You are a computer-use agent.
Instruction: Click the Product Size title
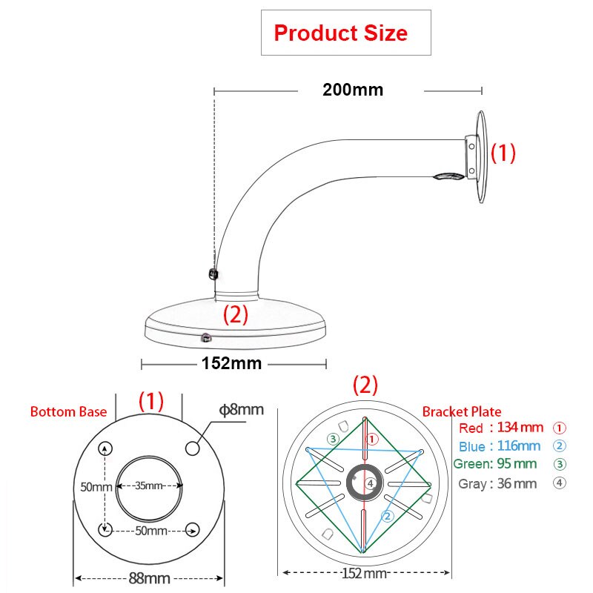(x=340, y=33)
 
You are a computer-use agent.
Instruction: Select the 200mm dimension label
(x=353, y=90)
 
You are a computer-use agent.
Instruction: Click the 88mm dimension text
(x=148, y=578)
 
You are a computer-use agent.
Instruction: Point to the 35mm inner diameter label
(x=149, y=486)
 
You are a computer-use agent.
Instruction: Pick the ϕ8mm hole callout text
(x=242, y=409)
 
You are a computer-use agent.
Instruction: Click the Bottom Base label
(x=68, y=411)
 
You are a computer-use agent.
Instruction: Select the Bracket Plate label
(x=461, y=411)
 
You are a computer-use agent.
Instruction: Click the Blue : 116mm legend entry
(x=500, y=446)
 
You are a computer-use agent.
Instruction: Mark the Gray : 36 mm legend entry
(x=497, y=483)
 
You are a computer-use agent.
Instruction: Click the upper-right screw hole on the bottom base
(x=193, y=448)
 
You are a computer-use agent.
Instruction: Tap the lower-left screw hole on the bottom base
(x=105, y=529)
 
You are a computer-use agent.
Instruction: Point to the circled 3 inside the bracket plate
(x=334, y=440)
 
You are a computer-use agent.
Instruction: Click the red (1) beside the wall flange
(x=503, y=153)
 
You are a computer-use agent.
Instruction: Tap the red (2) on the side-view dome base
(x=235, y=315)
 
